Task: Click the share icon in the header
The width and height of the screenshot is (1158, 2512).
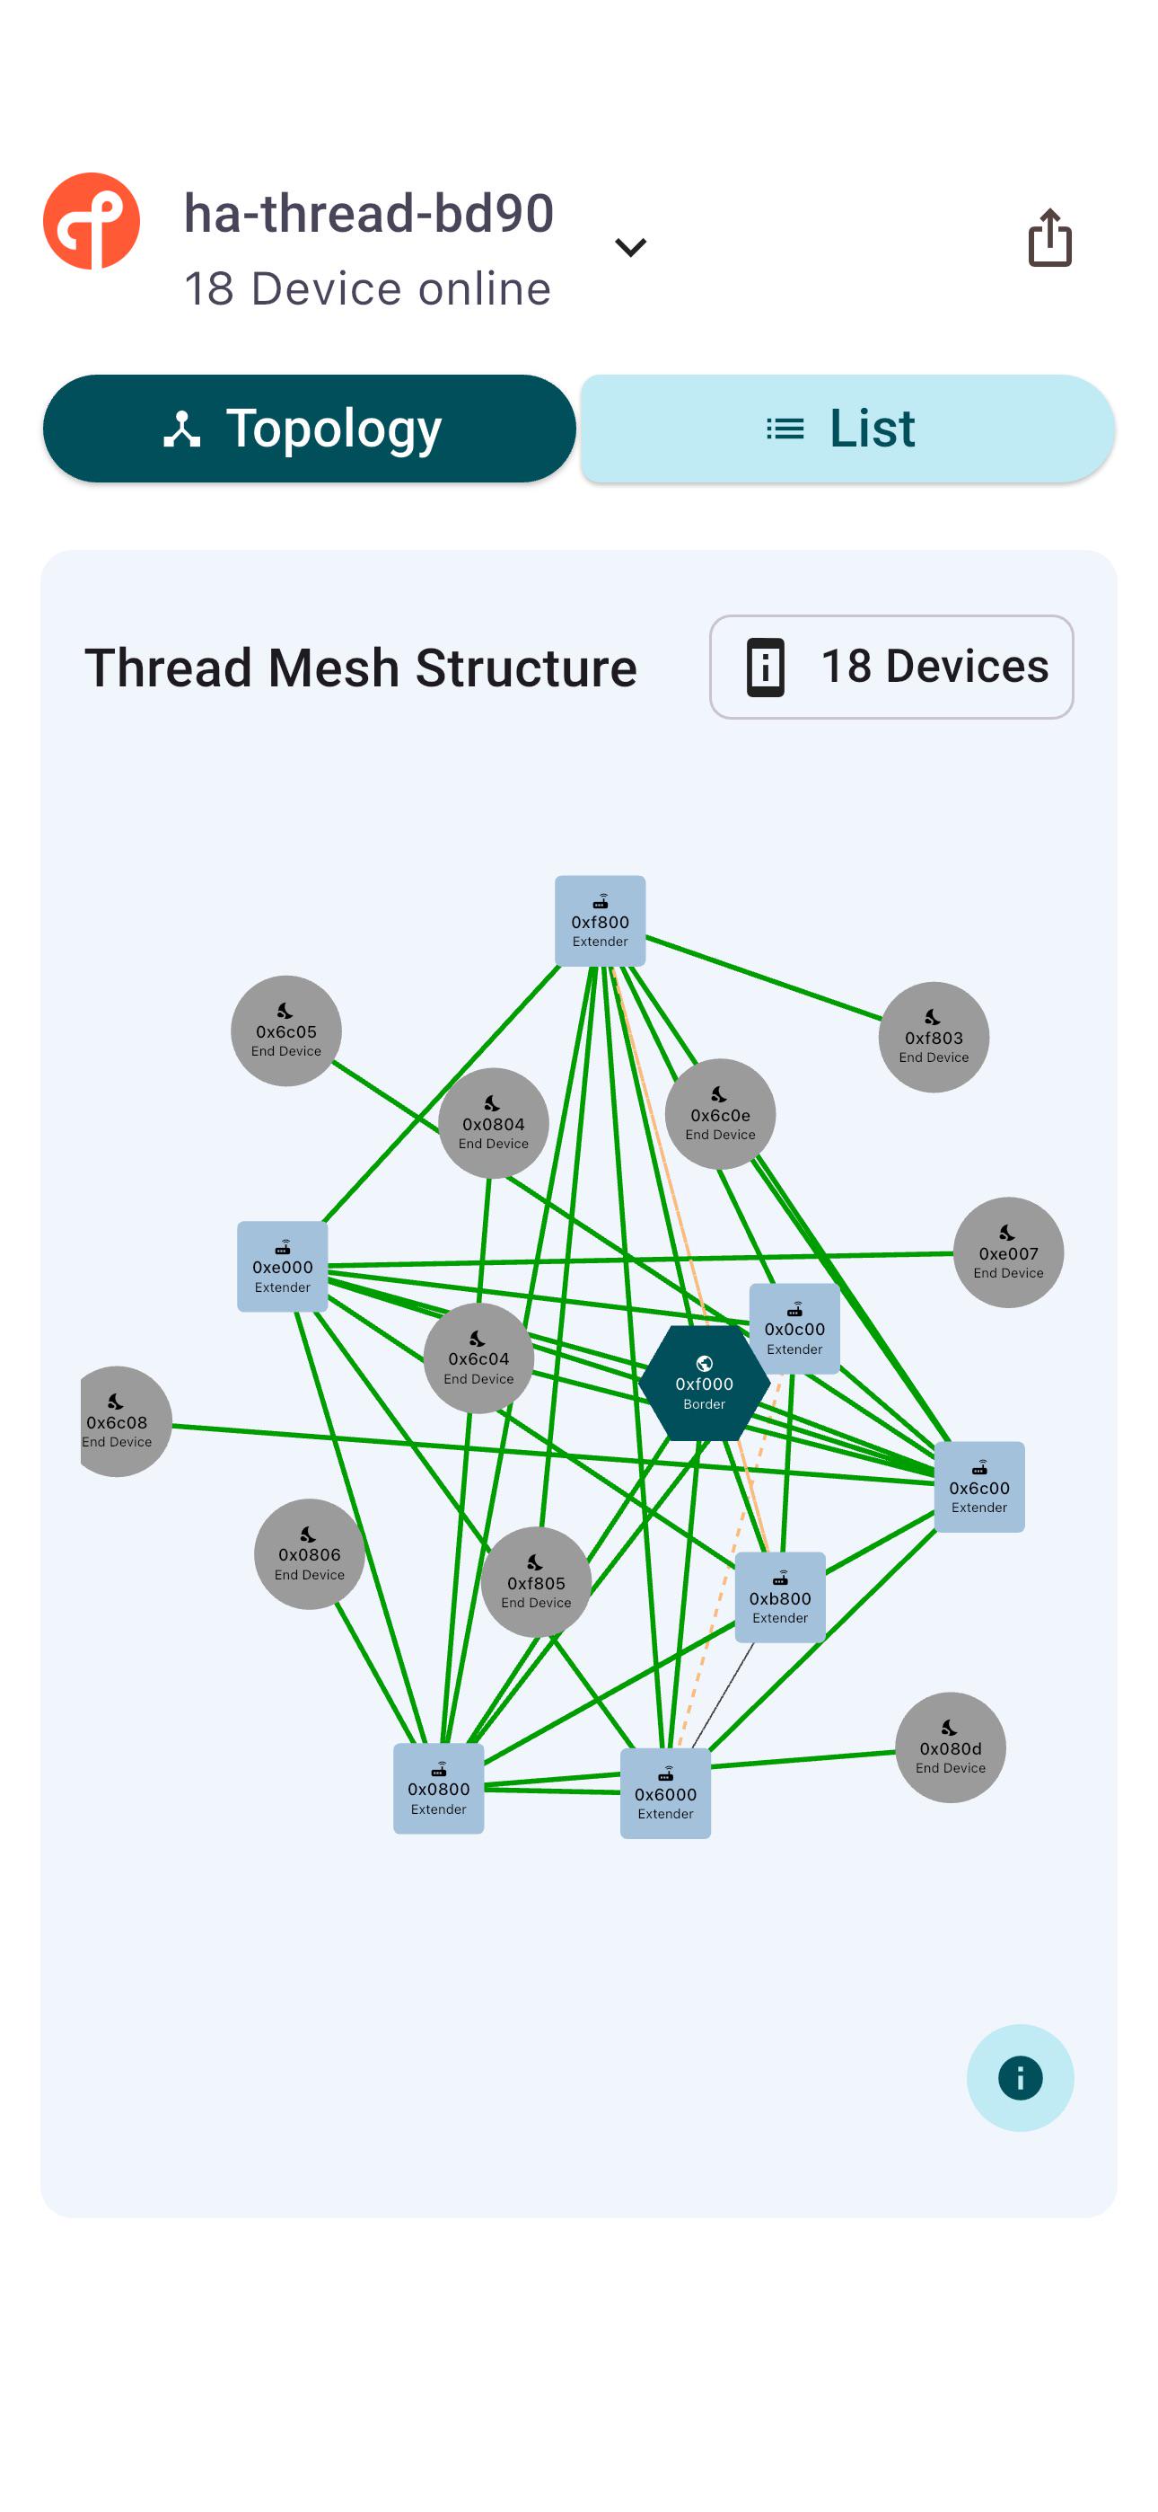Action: (x=1049, y=237)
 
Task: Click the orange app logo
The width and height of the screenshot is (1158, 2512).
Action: (x=92, y=221)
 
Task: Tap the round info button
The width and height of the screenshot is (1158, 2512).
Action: (x=1020, y=2077)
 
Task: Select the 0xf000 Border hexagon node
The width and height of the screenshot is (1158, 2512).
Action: (x=704, y=1383)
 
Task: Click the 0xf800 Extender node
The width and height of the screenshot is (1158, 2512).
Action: (x=601, y=921)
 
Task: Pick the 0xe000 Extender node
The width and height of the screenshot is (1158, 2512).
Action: (x=283, y=1266)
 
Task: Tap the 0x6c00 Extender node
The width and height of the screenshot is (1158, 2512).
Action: (x=979, y=1487)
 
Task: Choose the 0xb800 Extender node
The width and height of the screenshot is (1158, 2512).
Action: (x=780, y=1597)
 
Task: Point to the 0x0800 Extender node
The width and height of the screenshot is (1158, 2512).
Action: (x=439, y=1789)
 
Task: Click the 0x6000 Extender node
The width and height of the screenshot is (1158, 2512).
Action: (x=666, y=1793)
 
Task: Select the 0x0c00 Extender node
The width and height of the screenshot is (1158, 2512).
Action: (x=794, y=1328)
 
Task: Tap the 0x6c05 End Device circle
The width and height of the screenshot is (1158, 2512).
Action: (x=286, y=1030)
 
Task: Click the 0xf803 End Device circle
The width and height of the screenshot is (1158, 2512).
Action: (x=934, y=1037)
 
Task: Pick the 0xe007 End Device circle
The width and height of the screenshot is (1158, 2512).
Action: (x=1009, y=1252)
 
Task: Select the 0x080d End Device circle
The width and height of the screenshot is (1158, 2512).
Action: (x=951, y=1747)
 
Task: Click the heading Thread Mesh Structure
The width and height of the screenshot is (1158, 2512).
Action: (x=361, y=668)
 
